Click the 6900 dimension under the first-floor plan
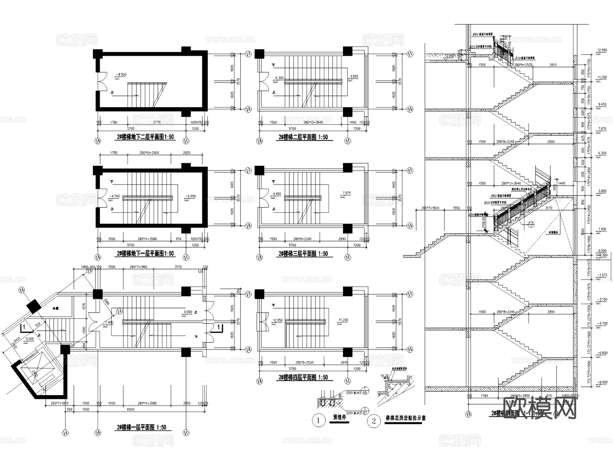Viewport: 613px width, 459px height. coord(131,409)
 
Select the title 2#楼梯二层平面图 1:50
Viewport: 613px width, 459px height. coord(303,137)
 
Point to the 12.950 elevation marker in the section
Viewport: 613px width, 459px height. coord(602,50)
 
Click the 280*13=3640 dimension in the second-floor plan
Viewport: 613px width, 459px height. coord(313,122)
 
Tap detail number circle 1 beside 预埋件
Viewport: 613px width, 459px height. coord(318,420)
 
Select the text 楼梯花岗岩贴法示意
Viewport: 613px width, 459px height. coord(405,418)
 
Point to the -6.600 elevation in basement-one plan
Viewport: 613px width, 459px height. coord(191,196)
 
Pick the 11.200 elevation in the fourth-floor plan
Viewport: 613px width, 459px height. coord(343,320)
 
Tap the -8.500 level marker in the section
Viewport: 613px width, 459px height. coord(602,382)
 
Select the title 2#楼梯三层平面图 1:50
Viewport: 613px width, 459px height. coord(303,254)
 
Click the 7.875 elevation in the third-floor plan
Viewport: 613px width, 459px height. coord(346,193)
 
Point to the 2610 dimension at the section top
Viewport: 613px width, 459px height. coord(553,64)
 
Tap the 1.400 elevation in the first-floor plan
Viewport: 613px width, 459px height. coord(109,322)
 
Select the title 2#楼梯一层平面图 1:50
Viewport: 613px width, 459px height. coord(142,427)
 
